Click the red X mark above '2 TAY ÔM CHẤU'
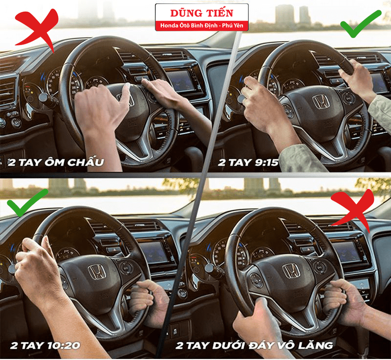[x=38, y=29]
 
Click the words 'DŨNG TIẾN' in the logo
[x=202, y=13]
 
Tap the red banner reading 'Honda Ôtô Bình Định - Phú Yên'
[x=202, y=25]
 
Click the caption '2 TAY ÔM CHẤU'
[x=56, y=163]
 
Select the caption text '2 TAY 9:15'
[x=248, y=163]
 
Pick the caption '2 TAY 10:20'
[x=45, y=345]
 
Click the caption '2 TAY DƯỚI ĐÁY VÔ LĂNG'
[x=254, y=345]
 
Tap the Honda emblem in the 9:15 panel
[x=321, y=102]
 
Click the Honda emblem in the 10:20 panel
[x=97, y=272]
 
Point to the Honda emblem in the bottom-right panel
[x=291, y=271]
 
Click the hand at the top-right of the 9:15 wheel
[x=357, y=80]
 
